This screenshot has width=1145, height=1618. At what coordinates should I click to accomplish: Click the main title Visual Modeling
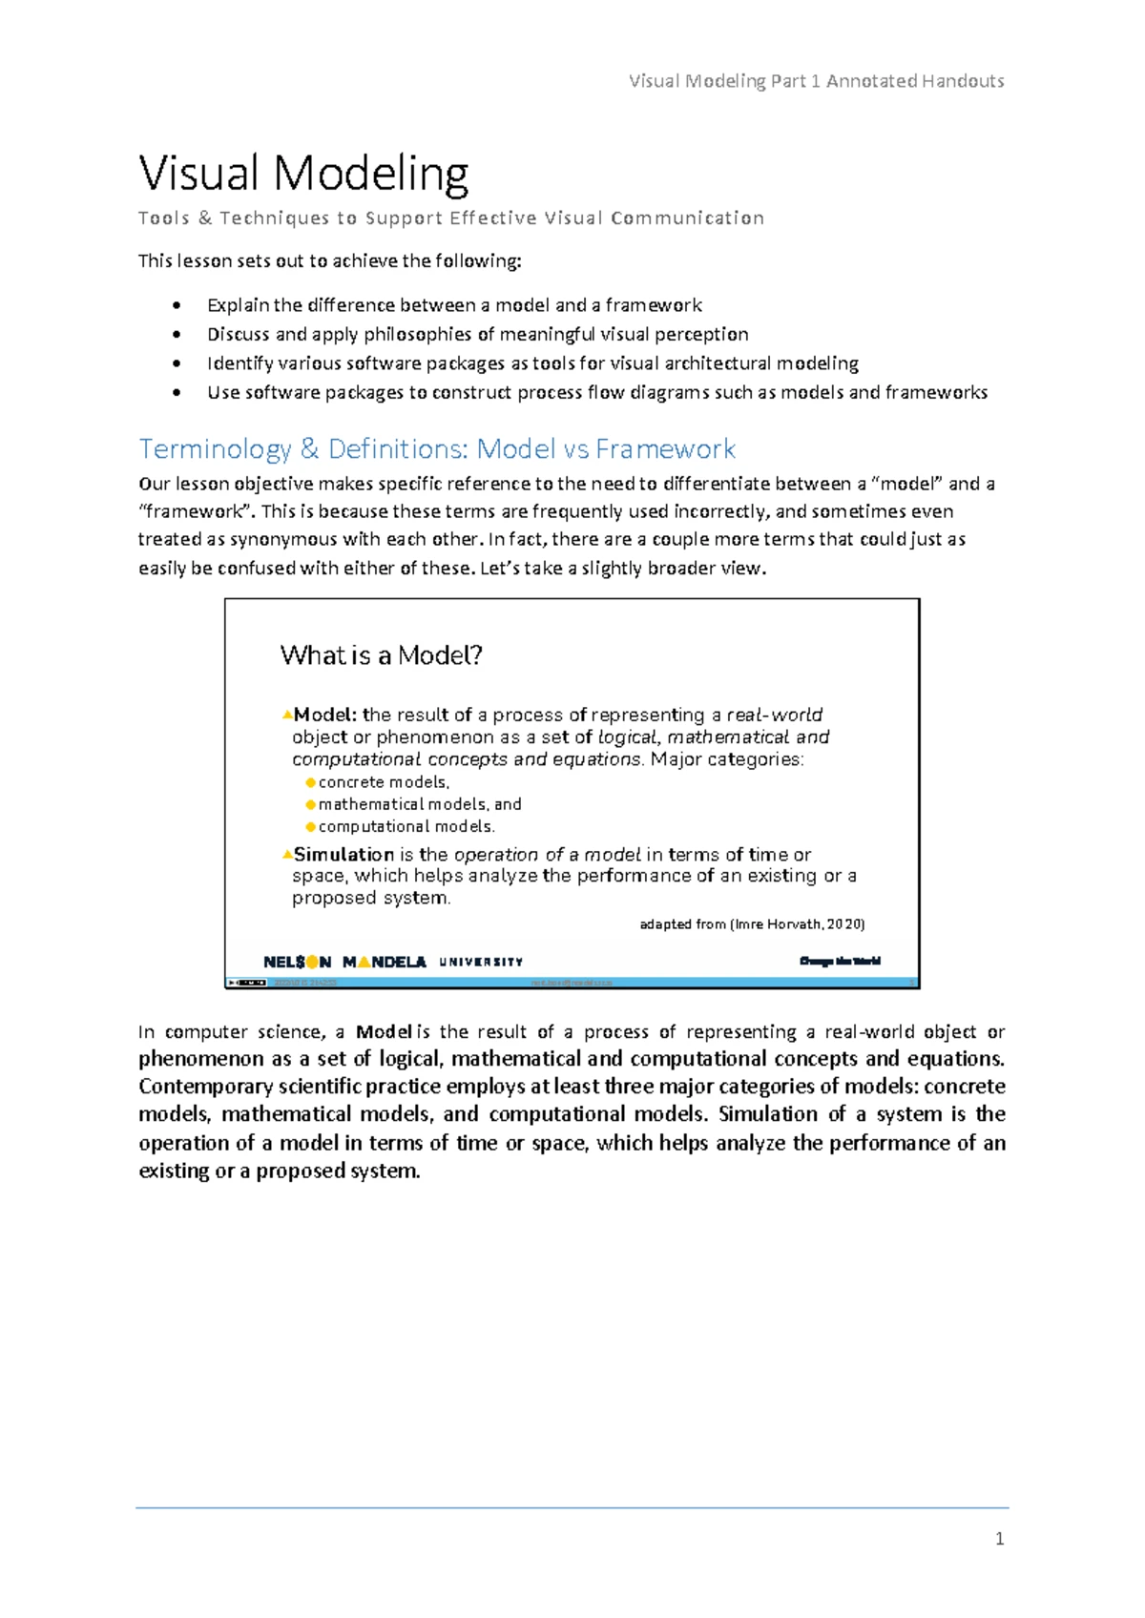click(303, 174)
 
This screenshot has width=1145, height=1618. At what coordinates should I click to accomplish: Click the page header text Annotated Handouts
click(914, 81)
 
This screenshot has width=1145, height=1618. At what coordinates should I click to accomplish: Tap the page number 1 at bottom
click(999, 1538)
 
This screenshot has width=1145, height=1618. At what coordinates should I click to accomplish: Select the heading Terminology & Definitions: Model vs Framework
click(437, 448)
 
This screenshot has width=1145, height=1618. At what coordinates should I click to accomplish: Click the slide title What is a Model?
click(381, 655)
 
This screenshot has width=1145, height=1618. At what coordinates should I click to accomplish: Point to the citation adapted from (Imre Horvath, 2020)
click(752, 923)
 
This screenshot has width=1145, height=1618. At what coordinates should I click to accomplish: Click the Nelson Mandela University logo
click(392, 962)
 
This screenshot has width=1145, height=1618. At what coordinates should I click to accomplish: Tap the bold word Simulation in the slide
click(343, 854)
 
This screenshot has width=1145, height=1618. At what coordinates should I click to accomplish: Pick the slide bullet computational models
click(406, 826)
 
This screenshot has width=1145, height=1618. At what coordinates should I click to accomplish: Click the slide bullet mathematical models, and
click(420, 804)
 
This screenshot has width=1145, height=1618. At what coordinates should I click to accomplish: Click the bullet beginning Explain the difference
click(454, 305)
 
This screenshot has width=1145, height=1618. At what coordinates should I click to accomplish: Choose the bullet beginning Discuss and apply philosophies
click(477, 334)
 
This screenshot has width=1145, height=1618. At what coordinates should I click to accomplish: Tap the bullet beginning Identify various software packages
click(532, 363)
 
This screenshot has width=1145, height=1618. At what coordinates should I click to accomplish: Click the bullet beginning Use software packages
click(596, 392)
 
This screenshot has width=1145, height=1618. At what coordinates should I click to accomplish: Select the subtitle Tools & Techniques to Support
click(450, 218)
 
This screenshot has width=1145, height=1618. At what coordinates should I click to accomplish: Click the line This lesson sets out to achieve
click(330, 260)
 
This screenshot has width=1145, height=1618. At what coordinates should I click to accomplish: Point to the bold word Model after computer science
click(384, 1031)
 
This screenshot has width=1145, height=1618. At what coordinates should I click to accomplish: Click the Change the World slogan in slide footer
click(840, 961)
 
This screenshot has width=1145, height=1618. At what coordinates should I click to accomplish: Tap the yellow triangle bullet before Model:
click(286, 714)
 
